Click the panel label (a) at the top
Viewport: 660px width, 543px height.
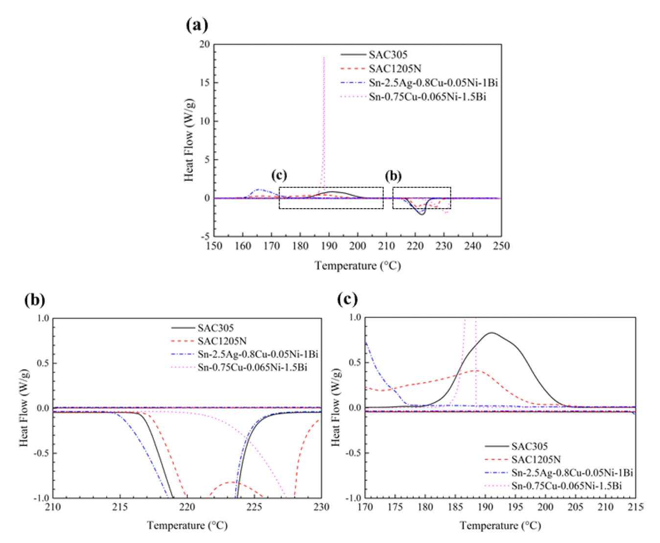197,24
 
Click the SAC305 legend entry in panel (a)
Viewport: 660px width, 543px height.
388,54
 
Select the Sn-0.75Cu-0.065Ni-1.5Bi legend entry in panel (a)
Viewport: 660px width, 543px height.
427,96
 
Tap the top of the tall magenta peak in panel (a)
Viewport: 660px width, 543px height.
324,58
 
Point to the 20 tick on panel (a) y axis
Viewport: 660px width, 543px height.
204,44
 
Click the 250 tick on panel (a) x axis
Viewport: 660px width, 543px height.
501,246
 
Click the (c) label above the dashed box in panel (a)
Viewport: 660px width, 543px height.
279,175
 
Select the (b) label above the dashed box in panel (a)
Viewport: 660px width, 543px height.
393,176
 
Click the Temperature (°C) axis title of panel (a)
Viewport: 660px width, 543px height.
357,266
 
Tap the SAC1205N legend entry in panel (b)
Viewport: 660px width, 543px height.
222,341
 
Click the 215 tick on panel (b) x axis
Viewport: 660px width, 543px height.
120,507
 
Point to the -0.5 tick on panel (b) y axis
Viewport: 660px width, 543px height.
42,453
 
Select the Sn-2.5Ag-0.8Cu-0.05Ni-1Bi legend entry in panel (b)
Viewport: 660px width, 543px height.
258,354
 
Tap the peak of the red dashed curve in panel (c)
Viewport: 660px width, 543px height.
477,371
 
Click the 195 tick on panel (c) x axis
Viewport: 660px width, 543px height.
515,507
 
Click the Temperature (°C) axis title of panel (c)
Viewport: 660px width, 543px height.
500,526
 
